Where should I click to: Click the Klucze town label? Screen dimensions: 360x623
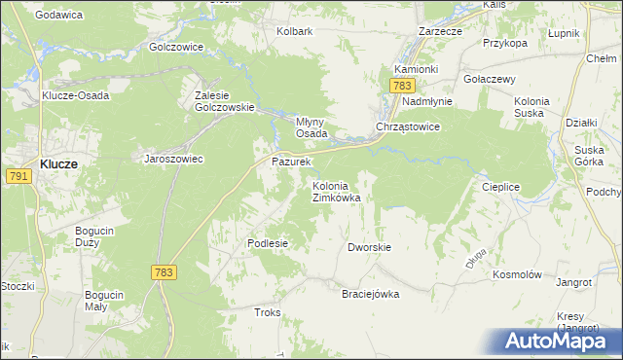click(59, 164)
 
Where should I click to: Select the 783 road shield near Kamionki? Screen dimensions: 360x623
click(403, 87)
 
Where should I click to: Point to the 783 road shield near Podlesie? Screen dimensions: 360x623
click(164, 273)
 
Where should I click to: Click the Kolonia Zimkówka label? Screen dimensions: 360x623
click(336, 192)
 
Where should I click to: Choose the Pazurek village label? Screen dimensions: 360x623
click(290, 161)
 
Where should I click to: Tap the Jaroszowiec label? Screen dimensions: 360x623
click(173, 159)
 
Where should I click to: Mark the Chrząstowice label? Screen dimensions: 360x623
click(409, 127)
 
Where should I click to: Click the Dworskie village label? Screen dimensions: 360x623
click(369, 247)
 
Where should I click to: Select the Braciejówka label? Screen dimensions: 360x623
click(370, 294)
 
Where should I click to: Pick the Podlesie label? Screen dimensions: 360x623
click(268, 243)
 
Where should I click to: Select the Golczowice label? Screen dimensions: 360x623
click(175, 47)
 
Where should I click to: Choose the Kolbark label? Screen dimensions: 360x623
click(294, 31)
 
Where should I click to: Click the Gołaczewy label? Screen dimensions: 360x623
click(490, 79)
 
